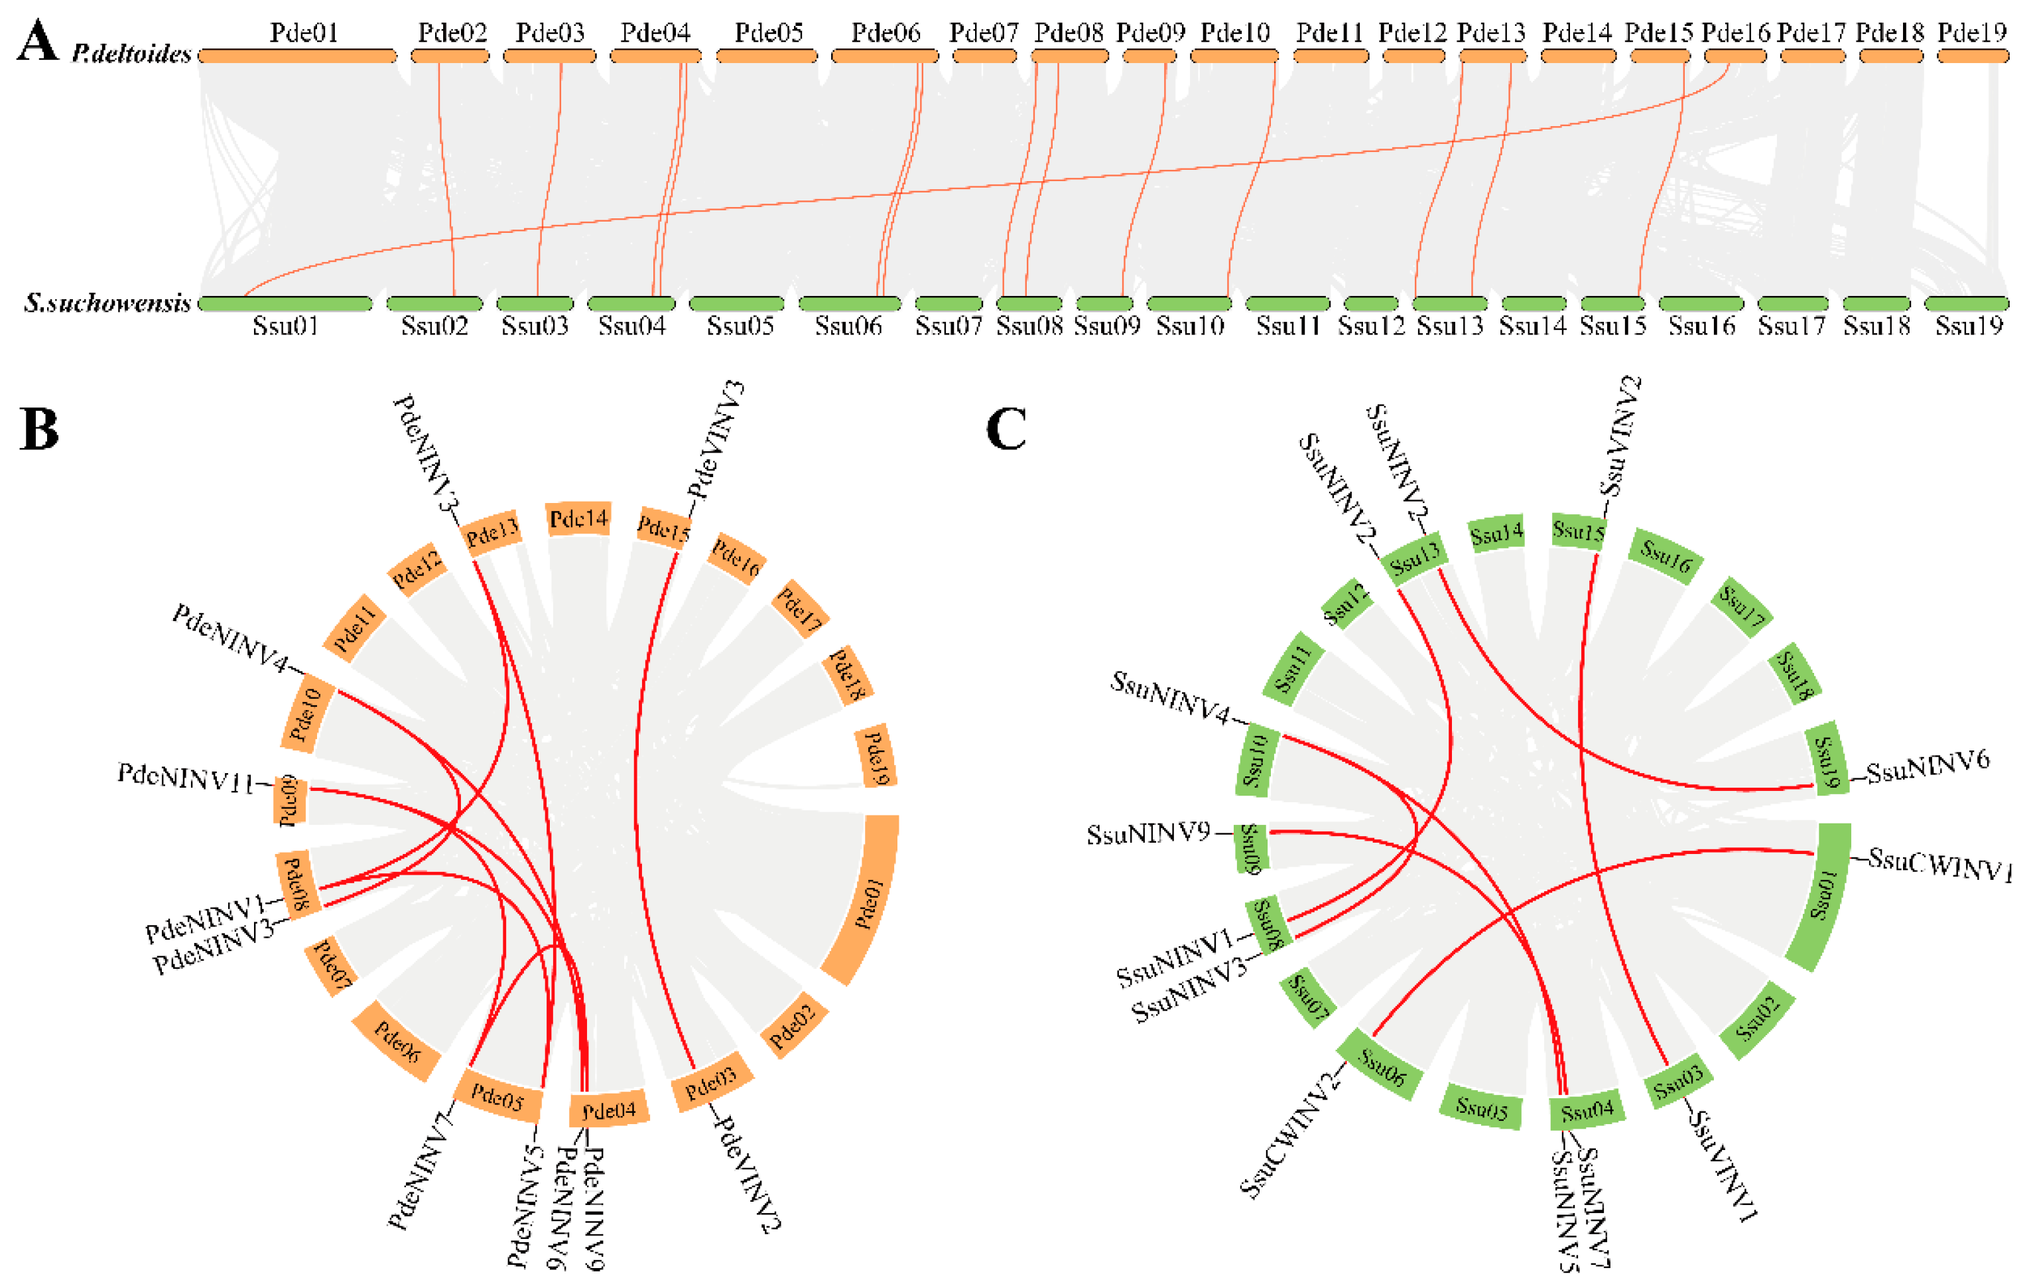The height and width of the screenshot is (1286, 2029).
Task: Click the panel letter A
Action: pyautogui.click(x=37, y=42)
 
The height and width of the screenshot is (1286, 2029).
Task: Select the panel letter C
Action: pyautogui.click(x=1006, y=430)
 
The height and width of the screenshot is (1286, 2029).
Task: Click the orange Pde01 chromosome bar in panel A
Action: pyautogui.click(x=297, y=56)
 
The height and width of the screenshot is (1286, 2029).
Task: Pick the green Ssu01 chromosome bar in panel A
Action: pyautogui.click(x=285, y=304)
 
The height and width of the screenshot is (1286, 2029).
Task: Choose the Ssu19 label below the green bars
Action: pyautogui.click(x=1969, y=326)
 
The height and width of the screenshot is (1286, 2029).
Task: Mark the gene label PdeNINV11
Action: pyautogui.click(x=185, y=778)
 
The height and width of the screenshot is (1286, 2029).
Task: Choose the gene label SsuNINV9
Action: pyautogui.click(x=1147, y=834)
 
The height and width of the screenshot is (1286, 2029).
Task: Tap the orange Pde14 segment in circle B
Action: pyautogui.click(x=579, y=519)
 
